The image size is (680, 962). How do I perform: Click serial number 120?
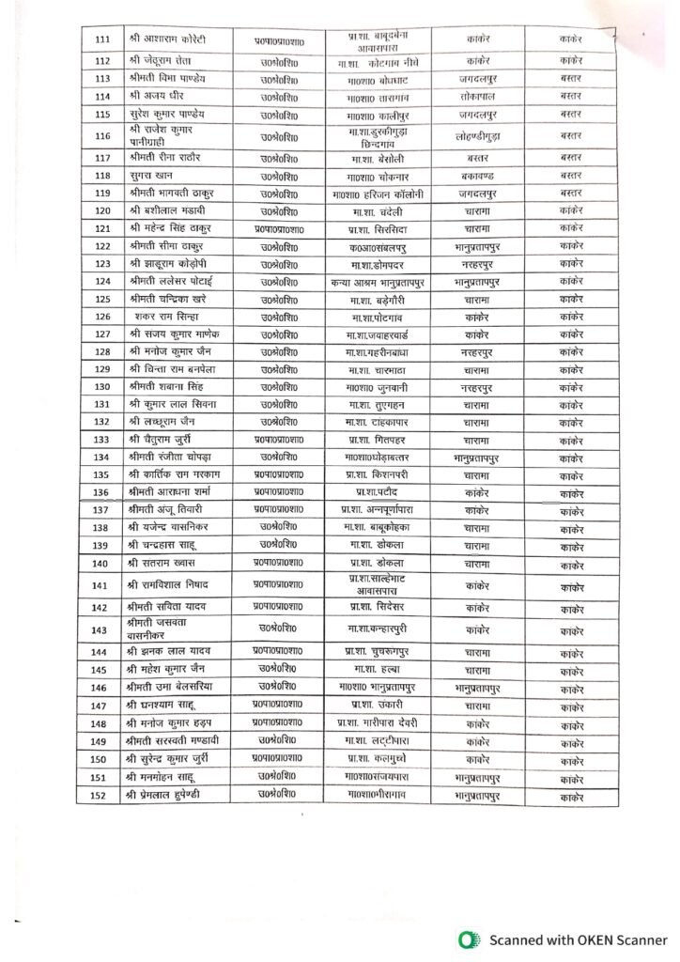point(103,210)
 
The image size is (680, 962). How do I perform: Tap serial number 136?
point(103,492)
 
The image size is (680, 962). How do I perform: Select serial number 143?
point(103,629)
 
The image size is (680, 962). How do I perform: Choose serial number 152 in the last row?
point(103,796)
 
